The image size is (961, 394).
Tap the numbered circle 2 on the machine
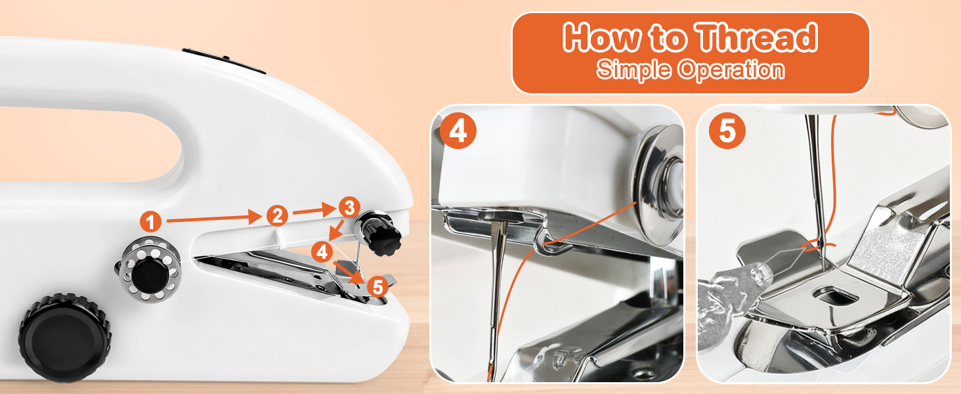(x=277, y=215)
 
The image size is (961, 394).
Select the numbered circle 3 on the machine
(x=349, y=208)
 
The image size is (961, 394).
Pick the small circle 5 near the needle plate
(x=376, y=287)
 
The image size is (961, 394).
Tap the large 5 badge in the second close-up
(x=727, y=131)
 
